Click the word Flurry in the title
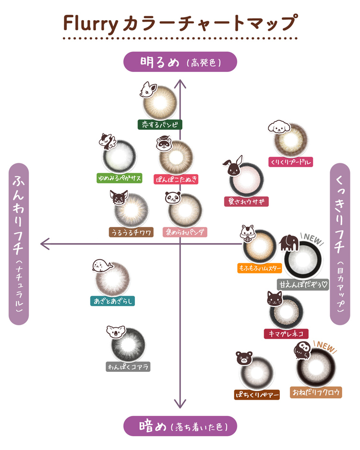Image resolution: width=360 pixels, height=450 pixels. (x=90, y=24)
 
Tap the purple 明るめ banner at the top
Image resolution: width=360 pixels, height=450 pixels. (x=180, y=62)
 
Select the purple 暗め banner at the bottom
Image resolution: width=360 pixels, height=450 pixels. (x=180, y=426)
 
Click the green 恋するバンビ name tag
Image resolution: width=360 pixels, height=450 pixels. (x=160, y=125)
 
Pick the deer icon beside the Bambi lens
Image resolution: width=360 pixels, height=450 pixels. (x=148, y=89)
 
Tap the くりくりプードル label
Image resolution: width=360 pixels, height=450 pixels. (x=290, y=162)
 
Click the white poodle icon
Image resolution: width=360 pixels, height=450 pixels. (x=279, y=127)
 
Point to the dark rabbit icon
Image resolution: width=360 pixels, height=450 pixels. (x=233, y=166)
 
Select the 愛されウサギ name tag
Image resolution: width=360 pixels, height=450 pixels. (x=246, y=201)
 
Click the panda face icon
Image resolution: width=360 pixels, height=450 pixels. (x=173, y=198)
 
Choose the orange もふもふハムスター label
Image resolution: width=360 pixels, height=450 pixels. (x=260, y=268)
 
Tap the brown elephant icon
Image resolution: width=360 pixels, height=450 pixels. (x=289, y=243)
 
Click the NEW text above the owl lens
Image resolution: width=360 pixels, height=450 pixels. (x=325, y=346)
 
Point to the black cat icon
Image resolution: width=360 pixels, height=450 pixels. (x=275, y=298)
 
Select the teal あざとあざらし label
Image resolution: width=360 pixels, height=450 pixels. (x=112, y=301)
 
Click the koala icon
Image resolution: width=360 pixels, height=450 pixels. (x=116, y=332)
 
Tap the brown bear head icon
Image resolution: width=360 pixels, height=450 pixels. (x=244, y=358)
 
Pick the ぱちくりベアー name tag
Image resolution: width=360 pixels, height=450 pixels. (x=257, y=395)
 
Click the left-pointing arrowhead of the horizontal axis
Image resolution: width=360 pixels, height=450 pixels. (x=45, y=244)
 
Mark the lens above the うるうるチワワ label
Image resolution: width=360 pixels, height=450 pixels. (x=131, y=210)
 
